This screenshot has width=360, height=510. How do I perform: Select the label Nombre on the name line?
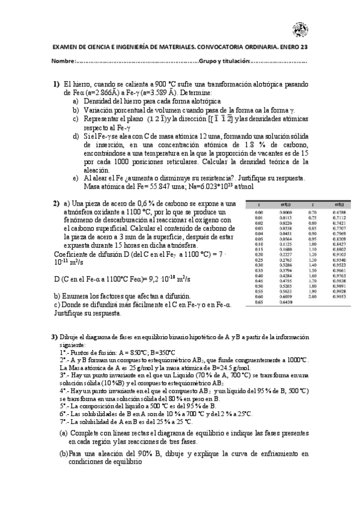[62, 61]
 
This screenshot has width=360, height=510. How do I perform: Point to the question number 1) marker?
[56, 85]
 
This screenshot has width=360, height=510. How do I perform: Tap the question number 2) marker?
[56, 203]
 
